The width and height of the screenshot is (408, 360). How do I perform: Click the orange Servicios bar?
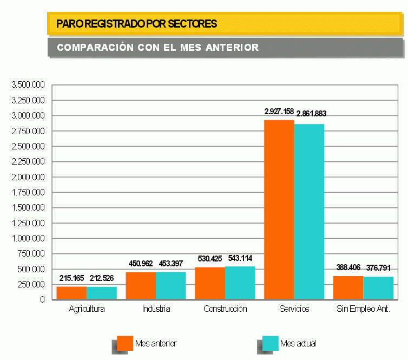pyautogui.click(x=279, y=210)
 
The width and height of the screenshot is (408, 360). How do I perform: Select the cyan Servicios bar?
pyautogui.click(x=309, y=211)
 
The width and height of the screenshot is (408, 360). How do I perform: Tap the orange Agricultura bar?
pyautogui.click(x=71, y=293)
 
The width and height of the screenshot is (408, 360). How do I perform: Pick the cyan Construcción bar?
pyautogui.click(x=240, y=283)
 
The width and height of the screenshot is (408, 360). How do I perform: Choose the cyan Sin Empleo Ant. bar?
pyautogui.click(x=378, y=288)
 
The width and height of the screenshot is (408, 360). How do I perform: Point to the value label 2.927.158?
pyautogui.click(x=279, y=112)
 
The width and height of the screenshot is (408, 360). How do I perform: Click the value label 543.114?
pyautogui.click(x=240, y=258)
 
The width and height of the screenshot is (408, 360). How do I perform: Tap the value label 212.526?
pyautogui.click(x=102, y=278)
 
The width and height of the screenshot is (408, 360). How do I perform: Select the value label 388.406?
pyautogui.click(x=348, y=267)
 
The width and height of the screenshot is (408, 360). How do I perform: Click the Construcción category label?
pyautogui.click(x=225, y=309)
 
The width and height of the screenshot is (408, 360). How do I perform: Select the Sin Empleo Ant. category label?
pyautogui.click(x=363, y=309)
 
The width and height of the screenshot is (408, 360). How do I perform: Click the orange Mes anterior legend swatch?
pyautogui.click(x=125, y=343)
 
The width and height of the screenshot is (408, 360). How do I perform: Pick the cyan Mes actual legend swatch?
pyautogui.click(x=270, y=343)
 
